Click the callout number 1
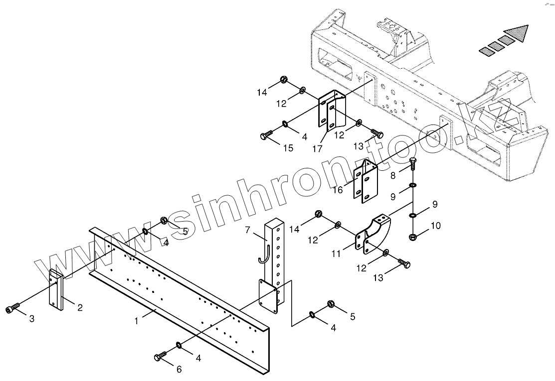(136, 322)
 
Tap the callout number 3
(31, 319)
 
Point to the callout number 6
(179, 369)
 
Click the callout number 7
(248, 230)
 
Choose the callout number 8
(393, 175)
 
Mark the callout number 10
(435, 226)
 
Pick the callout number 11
(336, 254)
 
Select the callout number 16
(338, 190)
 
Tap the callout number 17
(317, 148)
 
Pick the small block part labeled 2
(56, 290)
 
